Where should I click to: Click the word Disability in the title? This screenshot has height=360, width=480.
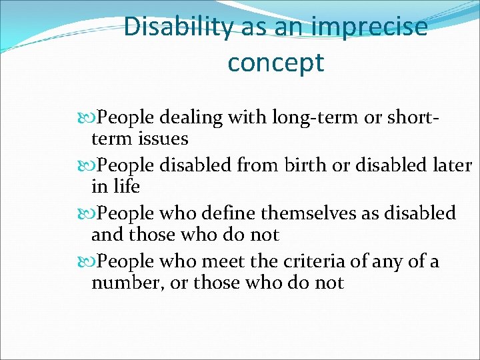pyautogui.click(x=177, y=27)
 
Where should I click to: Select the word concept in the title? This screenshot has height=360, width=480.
pyautogui.click(x=275, y=63)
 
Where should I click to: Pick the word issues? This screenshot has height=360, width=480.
pyautogui.click(x=163, y=139)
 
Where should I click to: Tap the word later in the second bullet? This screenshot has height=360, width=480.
pyautogui.click(x=450, y=165)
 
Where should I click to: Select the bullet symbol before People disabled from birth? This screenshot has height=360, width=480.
pyautogui.click(x=89, y=165)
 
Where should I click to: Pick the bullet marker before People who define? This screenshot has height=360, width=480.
pyautogui.click(x=89, y=213)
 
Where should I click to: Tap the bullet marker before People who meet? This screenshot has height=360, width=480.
pyautogui.click(x=89, y=261)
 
